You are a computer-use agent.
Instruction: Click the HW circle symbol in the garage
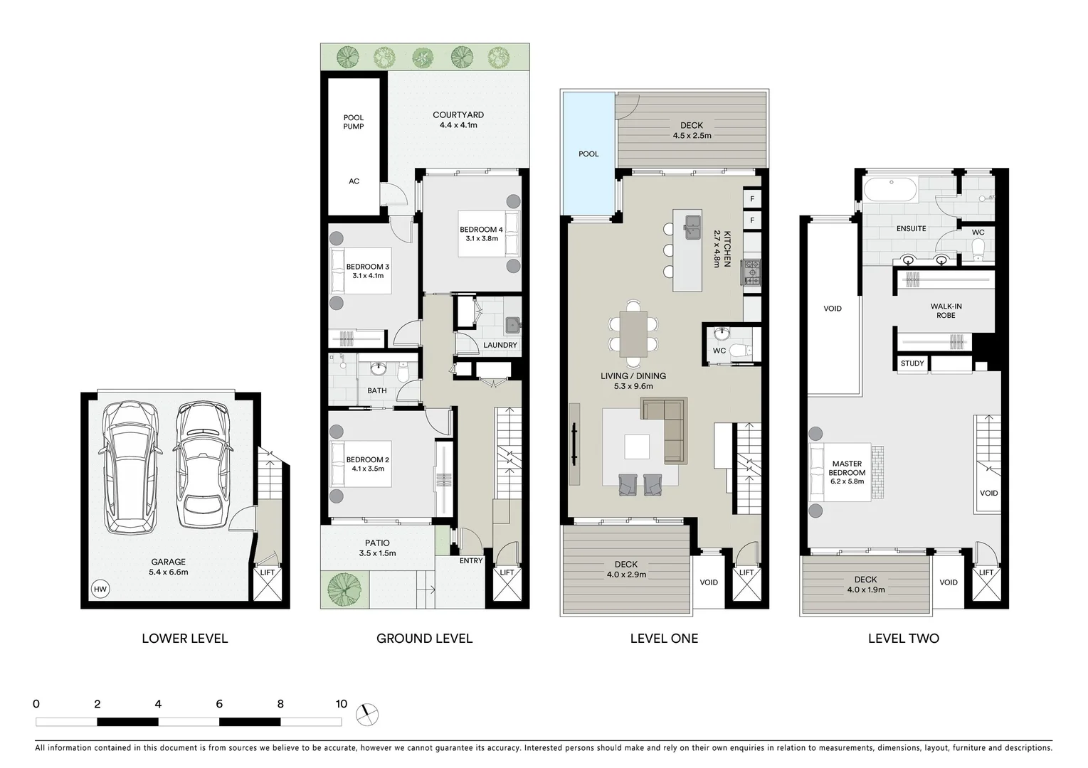coord(100,589)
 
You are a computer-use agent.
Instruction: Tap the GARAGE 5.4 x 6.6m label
coord(168,567)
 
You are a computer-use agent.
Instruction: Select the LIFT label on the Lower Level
coord(268,572)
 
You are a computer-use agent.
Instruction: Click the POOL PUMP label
coord(354,122)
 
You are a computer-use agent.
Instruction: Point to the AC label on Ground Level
coord(354,181)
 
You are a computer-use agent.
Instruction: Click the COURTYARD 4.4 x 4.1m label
coord(458,119)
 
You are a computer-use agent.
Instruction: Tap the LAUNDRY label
coord(500,345)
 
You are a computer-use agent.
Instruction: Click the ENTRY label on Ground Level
coord(470,560)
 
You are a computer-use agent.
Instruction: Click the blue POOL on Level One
coord(588,154)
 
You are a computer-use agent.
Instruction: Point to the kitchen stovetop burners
coord(751,272)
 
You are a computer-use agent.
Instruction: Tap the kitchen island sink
coord(692,228)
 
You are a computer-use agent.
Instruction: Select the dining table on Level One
coord(633,334)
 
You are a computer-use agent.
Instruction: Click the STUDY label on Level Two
coord(912,363)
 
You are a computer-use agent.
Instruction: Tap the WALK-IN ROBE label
coord(946,311)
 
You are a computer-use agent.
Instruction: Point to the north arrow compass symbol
coord(368,714)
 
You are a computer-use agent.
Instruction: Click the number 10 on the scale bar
coord(341,704)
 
